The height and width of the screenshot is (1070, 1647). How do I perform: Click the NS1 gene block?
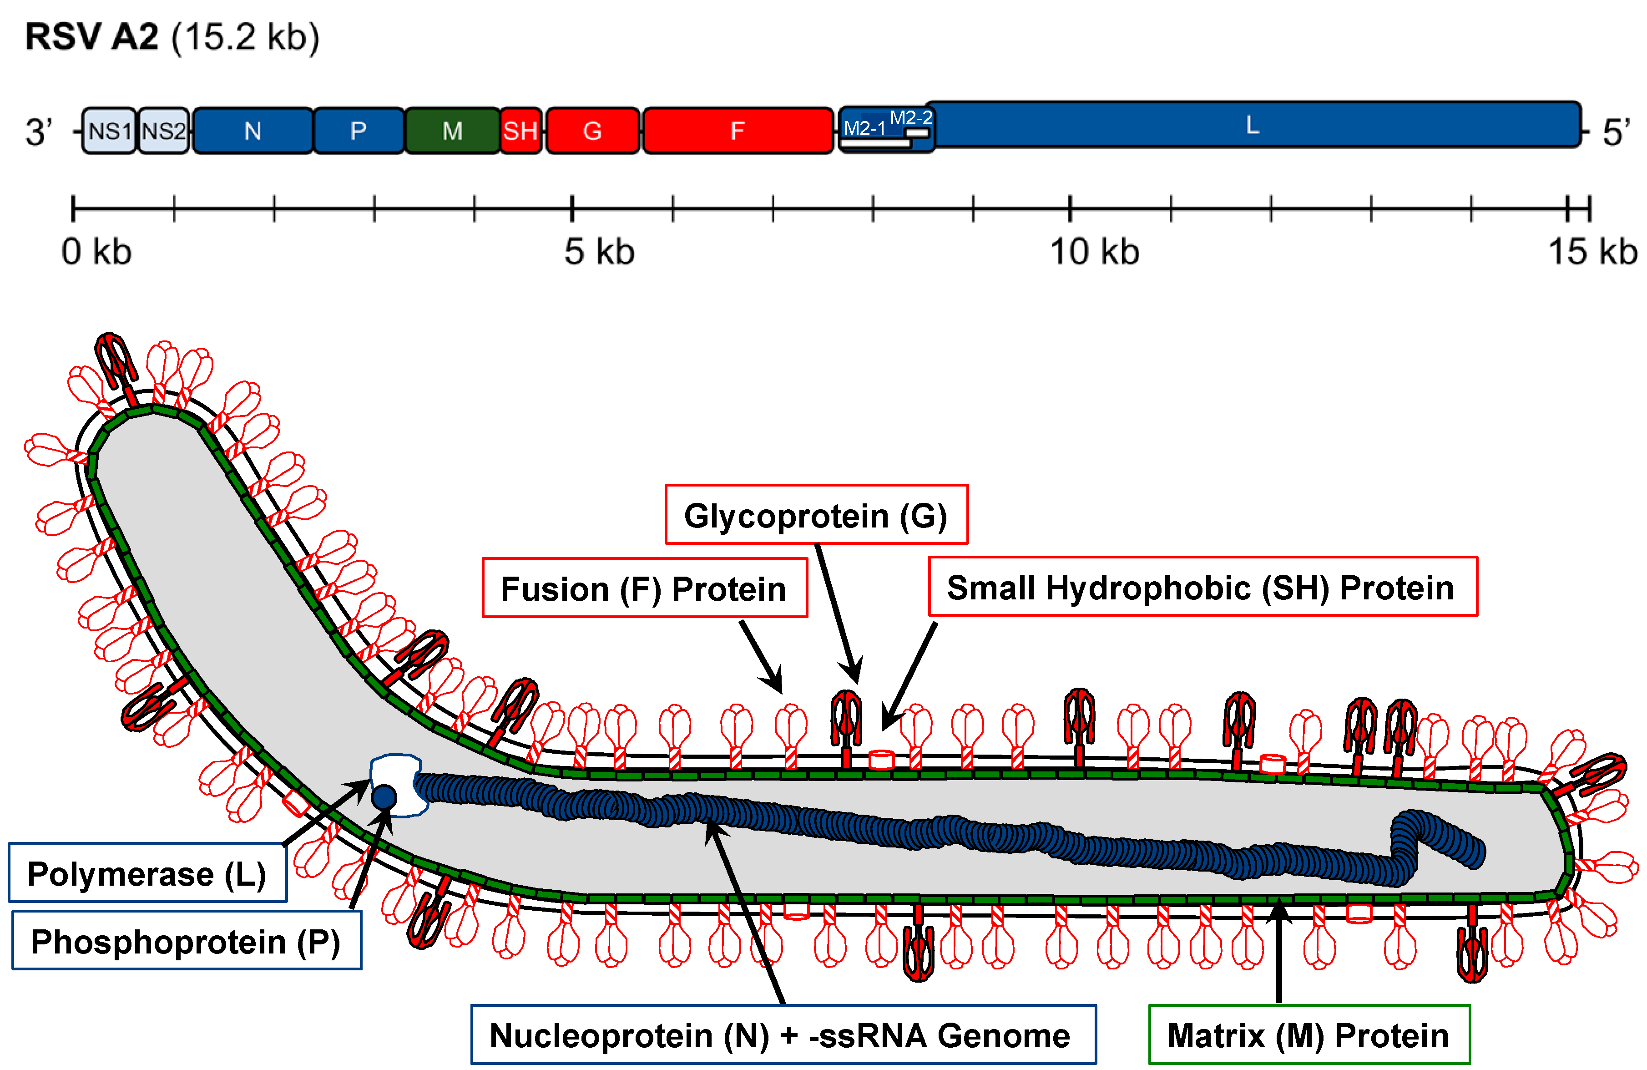[x=109, y=131]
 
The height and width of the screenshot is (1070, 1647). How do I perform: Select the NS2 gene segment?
[x=163, y=131]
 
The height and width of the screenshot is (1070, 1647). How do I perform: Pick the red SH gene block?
[x=520, y=131]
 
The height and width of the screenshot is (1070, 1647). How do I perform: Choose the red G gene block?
[x=592, y=131]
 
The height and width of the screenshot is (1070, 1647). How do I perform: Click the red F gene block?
[x=738, y=131]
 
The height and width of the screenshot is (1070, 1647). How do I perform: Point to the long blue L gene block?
[x=1253, y=125]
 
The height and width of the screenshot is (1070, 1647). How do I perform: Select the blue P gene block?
[x=359, y=131]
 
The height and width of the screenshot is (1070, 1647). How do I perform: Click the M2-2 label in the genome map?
[x=911, y=118]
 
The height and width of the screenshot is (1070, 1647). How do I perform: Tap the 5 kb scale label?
[x=599, y=252]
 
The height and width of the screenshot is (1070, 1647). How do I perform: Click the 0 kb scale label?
[x=96, y=252]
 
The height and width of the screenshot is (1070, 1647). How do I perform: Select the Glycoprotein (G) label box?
[x=816, y=515]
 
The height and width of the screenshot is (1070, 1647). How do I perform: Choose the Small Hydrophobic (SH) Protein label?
[x=1202, y=587]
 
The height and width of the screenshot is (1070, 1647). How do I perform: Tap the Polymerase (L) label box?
[x=147, y=873]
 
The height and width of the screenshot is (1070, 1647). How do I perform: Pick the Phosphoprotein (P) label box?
[x=186, y=941]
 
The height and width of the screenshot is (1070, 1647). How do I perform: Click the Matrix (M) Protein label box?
[x=1309, y=1035]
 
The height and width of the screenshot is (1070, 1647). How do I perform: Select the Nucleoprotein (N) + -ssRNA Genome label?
[x=783, y=1035]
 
